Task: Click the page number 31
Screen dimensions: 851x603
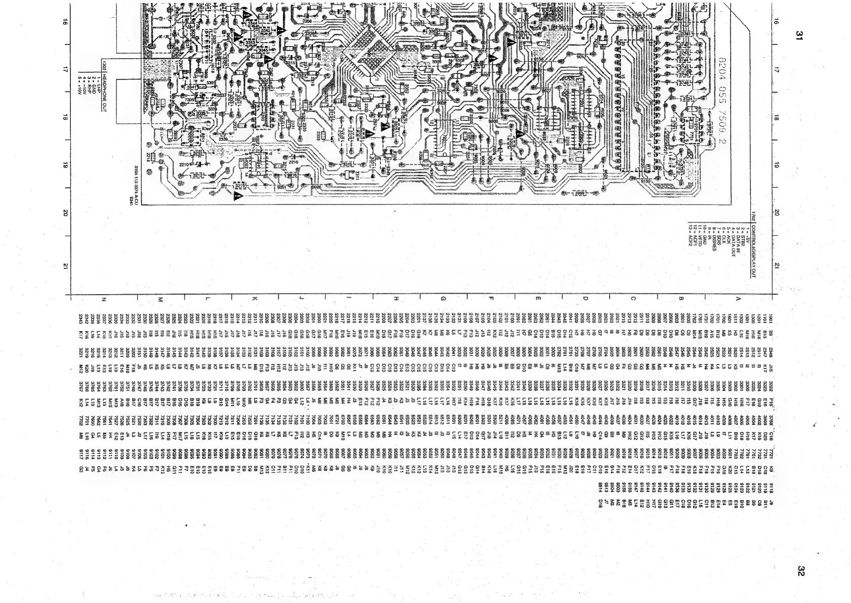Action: click(x=799, y=35)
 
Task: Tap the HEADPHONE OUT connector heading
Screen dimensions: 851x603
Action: click(x=104, y=92)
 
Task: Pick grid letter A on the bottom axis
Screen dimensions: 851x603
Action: click(x=738, y=299)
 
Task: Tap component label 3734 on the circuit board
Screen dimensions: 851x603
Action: click(x=688, y=98)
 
